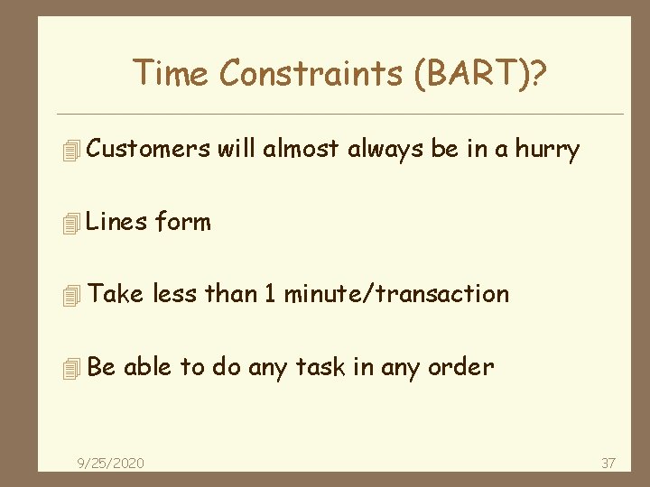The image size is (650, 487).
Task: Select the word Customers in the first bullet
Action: coord(150,149)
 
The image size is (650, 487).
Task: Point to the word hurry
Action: coord(547,150)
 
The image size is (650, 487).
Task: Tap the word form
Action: coord(183,221)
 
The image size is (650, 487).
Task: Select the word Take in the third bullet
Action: coord(116,293)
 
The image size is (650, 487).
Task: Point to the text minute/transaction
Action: coord(397,293)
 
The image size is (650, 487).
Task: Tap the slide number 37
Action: coord(608,463)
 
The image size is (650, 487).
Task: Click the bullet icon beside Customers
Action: coord(73,151)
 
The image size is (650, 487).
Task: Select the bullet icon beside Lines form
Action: coord(73,223)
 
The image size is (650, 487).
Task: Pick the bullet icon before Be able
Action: coord(73,369)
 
